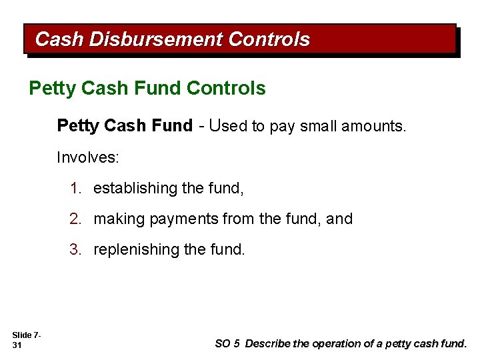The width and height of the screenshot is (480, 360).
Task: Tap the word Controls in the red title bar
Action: [x=268, y=39]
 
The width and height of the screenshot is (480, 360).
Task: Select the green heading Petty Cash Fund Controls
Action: [x=147, y=88]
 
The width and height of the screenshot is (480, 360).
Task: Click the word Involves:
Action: [x=88, y=158]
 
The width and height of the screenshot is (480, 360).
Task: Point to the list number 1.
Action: [x=75, y=189]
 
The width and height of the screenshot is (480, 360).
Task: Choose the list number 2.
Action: [x=75, y=219]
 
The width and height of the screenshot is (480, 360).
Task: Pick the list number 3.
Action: [x=75, y=249]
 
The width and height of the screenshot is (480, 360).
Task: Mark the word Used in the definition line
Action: [x=229, y=126]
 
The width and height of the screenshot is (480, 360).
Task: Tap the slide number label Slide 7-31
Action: [x=26, y=339]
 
